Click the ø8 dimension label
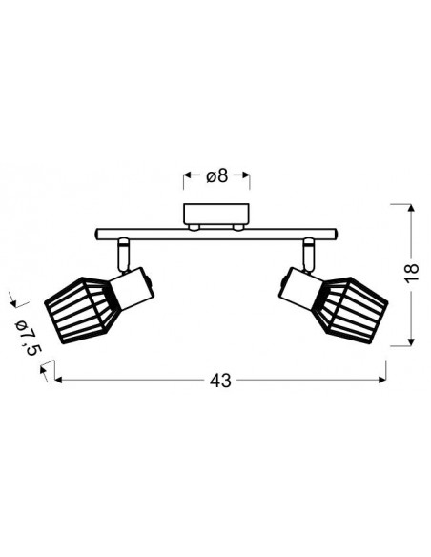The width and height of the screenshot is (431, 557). [216, 176]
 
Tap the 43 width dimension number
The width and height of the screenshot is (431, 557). [220, 381]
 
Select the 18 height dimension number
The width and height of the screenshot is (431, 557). [412, 273]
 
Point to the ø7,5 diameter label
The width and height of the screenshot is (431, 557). [28, 338]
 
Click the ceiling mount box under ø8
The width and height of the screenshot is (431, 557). [216, 214]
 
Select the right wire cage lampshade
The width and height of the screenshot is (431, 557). [352, 311]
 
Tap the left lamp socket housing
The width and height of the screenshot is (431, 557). [133, 288]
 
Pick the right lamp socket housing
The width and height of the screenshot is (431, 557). [300, 288]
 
